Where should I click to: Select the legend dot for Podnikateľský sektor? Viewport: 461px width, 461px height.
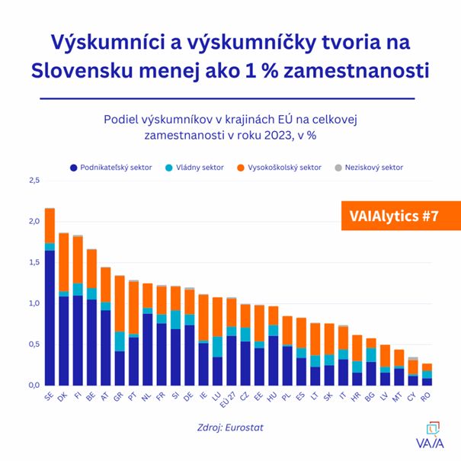pyautogui.click(x=74, y=167)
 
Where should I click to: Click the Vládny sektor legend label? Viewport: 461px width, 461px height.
pyautogui.click(x=200, y=167)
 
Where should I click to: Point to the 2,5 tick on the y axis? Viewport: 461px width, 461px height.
pyautogui.click(x=33, y=181)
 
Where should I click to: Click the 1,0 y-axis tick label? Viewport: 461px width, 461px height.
pyautogui.click(x=33, y=303)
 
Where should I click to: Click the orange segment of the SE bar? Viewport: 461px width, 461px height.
pyautogui.click(x=50, y=226)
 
